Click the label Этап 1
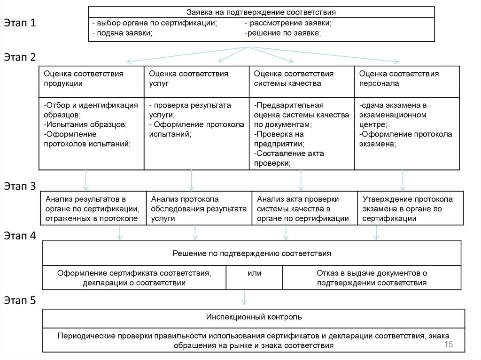tap(20, 23)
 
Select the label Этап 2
tap(20, 57)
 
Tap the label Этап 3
tap(20, 186)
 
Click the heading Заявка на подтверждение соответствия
tap(261, 12)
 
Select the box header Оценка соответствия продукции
tap(84, 78)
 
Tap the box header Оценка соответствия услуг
tap(188, 78)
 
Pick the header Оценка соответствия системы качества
tap(294, 78)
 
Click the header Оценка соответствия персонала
tap(399, 78)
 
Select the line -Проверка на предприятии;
tap(279, 139)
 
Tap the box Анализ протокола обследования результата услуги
tap(199, 209)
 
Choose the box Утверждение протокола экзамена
tap(407, 209)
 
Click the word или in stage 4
tap(254, 273)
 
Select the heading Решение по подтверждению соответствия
tap(252, 253)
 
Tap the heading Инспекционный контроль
tap(254, 317)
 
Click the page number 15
tap(448, 345)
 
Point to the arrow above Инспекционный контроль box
tap(244, 297)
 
